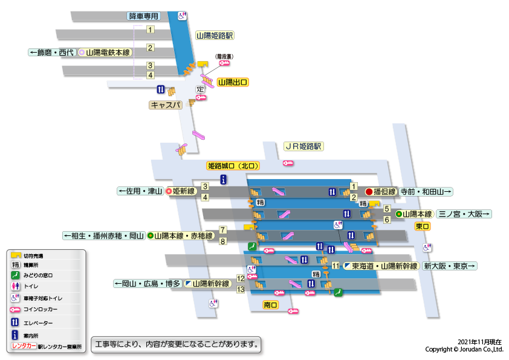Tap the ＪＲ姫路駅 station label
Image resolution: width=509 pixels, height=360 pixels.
pos(304,146)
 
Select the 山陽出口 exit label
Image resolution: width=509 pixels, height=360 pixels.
pos(233,82)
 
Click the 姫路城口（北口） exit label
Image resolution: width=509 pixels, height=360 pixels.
pos(233,165)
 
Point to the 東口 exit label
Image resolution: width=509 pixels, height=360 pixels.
pos(422,226)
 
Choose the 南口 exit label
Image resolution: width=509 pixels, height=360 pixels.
pos(270,305)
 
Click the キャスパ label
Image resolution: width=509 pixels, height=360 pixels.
pos(166,105)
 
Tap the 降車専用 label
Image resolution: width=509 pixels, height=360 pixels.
pos(144,16)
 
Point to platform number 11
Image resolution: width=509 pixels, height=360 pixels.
pos(336,266)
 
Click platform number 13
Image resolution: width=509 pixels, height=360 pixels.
pos(241,290)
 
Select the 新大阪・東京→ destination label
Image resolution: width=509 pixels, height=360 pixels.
pos(450,266)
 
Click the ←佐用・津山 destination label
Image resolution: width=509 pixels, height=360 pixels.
pos(140,191)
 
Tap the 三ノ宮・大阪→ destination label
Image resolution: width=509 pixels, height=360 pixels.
pos(464,214)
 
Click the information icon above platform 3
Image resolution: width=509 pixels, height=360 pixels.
pos(224,179)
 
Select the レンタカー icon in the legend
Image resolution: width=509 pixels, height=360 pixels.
pos(24,347)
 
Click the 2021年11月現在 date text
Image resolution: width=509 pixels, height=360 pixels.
pos(480,342)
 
